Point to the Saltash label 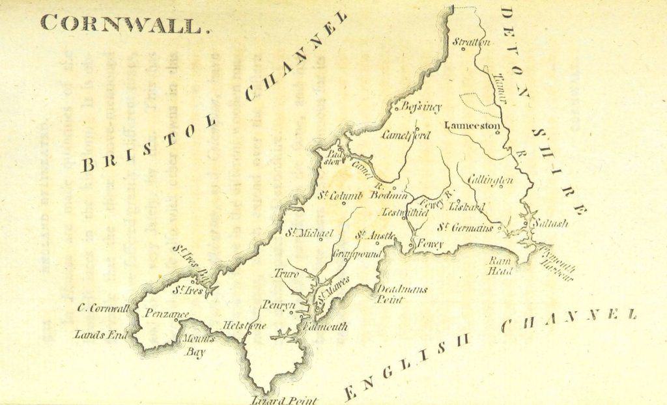click(550, 223)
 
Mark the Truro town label click(286, 273)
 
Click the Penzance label click(166, 314)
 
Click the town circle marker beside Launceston click(498, 133)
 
